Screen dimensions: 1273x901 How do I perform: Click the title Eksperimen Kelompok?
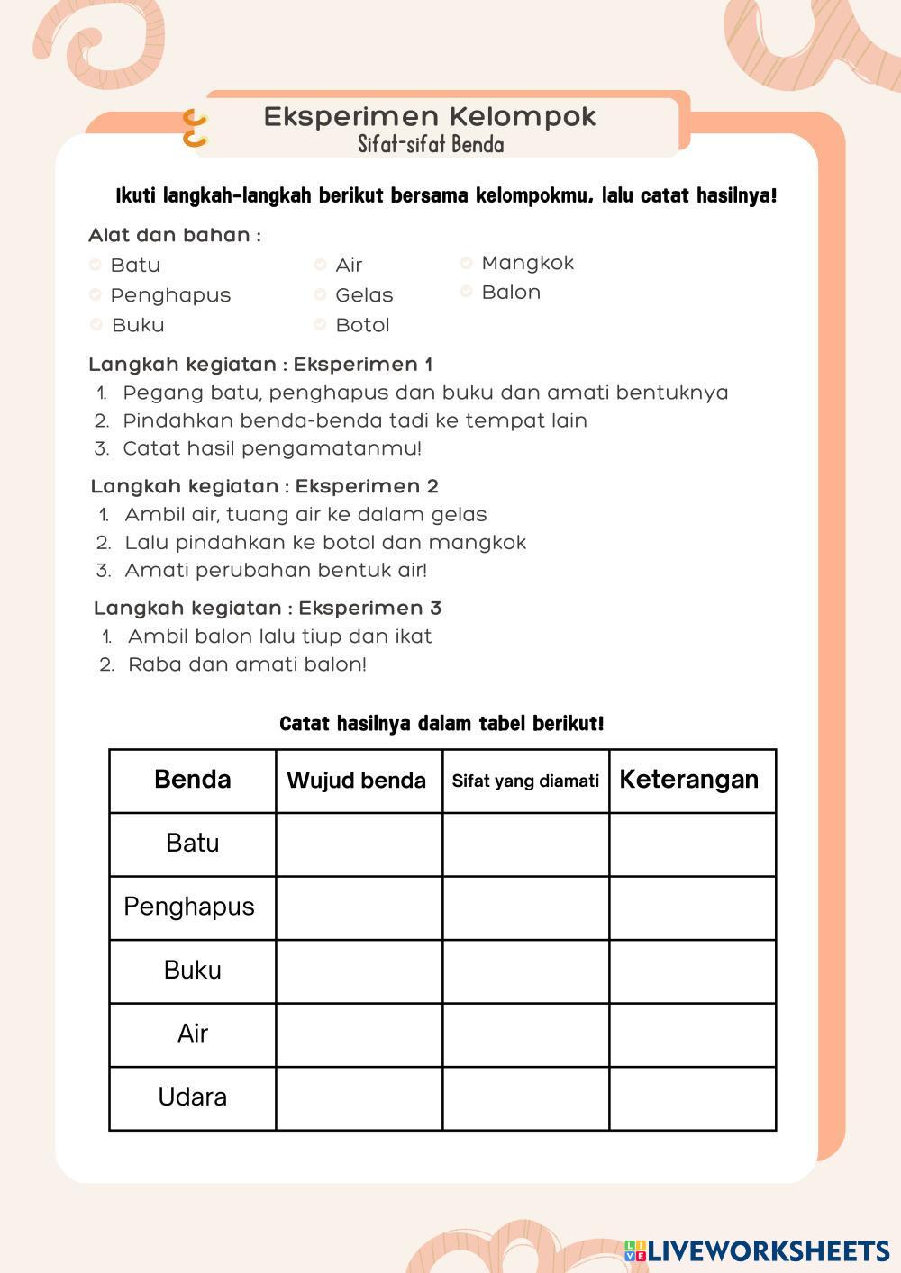click(430, 117)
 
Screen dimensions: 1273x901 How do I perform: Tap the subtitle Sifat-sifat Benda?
click(431, 144)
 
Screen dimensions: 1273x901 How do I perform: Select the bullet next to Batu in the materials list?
click(95, 265)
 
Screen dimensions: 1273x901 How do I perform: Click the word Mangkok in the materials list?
click(527, 263)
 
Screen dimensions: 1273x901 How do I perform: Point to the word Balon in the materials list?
click(511, 293)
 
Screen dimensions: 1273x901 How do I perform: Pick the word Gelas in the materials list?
click(364, 295)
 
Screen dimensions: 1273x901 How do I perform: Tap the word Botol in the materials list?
click(362, 325)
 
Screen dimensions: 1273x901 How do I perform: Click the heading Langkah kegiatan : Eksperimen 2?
click(264, 487)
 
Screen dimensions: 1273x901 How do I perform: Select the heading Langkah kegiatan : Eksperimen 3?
click(267, 609)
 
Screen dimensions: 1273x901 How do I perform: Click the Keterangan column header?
click(689, 780)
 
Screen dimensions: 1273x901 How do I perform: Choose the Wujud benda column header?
click(356, 781)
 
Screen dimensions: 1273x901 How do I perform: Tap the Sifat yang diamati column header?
click(525, 781)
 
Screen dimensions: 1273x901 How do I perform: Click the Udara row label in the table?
click(192, 1097)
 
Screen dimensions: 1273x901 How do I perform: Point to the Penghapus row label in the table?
click(189, 907)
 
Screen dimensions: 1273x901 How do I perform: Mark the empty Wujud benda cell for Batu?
click(359, 844)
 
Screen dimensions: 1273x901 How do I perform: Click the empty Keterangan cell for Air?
click(692, 1034)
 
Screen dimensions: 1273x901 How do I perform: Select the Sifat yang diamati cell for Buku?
click(525, 971)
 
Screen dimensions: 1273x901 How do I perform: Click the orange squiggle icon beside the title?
click(195, 128)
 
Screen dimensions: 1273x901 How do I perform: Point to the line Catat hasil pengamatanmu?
click(272, 448)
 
